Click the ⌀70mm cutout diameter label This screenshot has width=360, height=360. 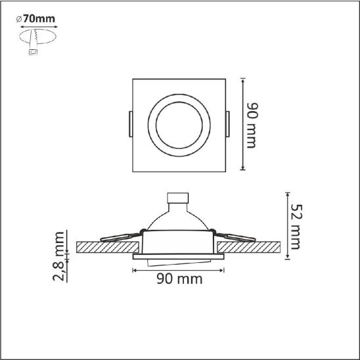tap(36, 19)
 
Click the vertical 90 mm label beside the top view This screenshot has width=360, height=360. tap(252, 125)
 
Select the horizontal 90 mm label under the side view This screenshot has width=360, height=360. tap(179, 279)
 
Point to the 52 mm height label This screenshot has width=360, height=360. tap(296, 227)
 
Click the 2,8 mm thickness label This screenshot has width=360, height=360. tap(58, 256)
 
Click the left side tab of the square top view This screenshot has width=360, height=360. tap(131, 124)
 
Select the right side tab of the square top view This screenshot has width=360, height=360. tap(227, 124)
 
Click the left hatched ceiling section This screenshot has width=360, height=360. tap(108, 247)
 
